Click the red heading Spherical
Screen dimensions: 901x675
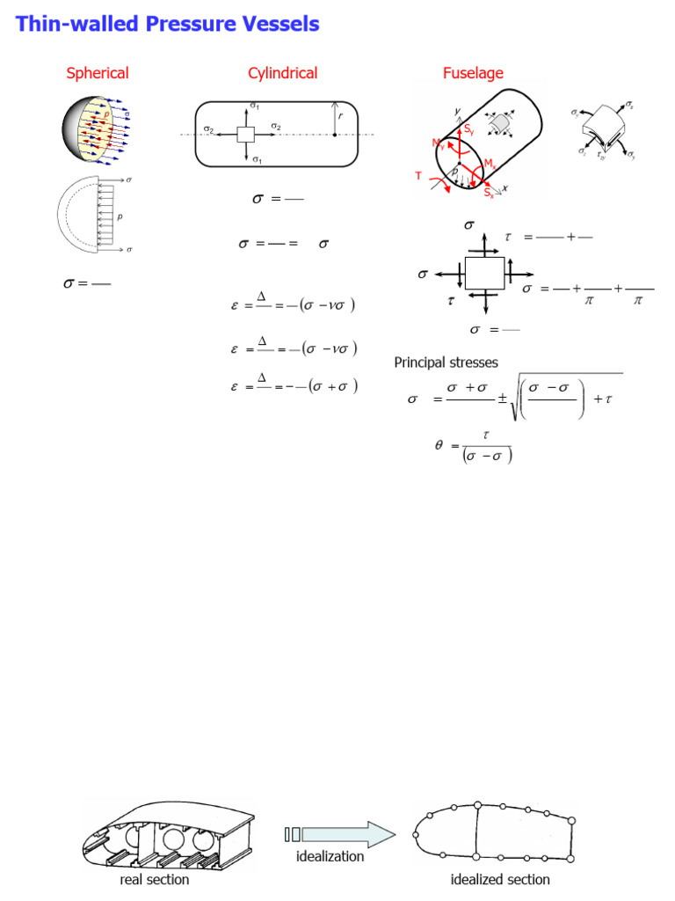(98, 73)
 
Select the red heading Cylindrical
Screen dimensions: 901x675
(282, 73)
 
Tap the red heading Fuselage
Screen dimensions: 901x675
(473, 73)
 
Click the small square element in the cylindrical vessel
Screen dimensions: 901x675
(246, 134)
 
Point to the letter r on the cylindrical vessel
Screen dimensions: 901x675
(342, 115)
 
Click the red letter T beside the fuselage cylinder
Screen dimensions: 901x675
(419, 176)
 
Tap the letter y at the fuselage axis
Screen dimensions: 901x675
(458, 112)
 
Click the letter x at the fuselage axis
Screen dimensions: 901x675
(506, 187)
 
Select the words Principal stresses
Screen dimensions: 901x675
(446, 363)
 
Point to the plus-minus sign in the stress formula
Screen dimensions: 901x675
(502, 399)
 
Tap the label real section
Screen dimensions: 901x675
(154, 879)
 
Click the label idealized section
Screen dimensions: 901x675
(500, 879)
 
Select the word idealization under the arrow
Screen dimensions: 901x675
(330, 855)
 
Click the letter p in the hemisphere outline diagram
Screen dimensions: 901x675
(120, 215)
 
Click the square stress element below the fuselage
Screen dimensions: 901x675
(483, 275)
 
